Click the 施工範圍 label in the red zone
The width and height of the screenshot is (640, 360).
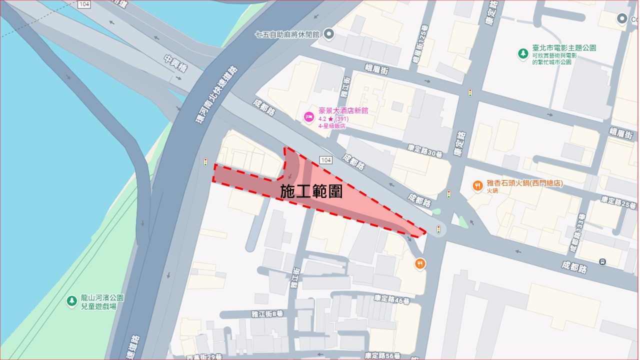pyautogui.click(x=311, y=191)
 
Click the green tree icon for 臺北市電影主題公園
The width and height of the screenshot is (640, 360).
pyautogui.click(x=523, y=53)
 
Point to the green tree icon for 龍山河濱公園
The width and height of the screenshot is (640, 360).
pyautogui.click(x=71, y=301)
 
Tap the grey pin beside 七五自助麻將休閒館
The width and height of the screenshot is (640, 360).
pyautogui.click(x=329, y=34)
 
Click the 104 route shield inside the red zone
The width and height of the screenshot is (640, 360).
pyautogui.click(x=325, y=160)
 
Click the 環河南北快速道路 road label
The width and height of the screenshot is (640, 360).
pyautogui.click(x=216, y=95)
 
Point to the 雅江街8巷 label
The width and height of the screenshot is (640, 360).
pyautogui.click(x=267, y=313)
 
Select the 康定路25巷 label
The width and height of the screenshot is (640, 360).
pyautogui.click(x=618, y=202)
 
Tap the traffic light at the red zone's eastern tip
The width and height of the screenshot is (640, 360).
pyautogui.click(x=438, y=229)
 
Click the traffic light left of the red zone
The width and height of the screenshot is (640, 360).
pyautogui.click(x=205, y=162)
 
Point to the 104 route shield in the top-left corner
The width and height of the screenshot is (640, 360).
pyautogui.click(x=84, y=4)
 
